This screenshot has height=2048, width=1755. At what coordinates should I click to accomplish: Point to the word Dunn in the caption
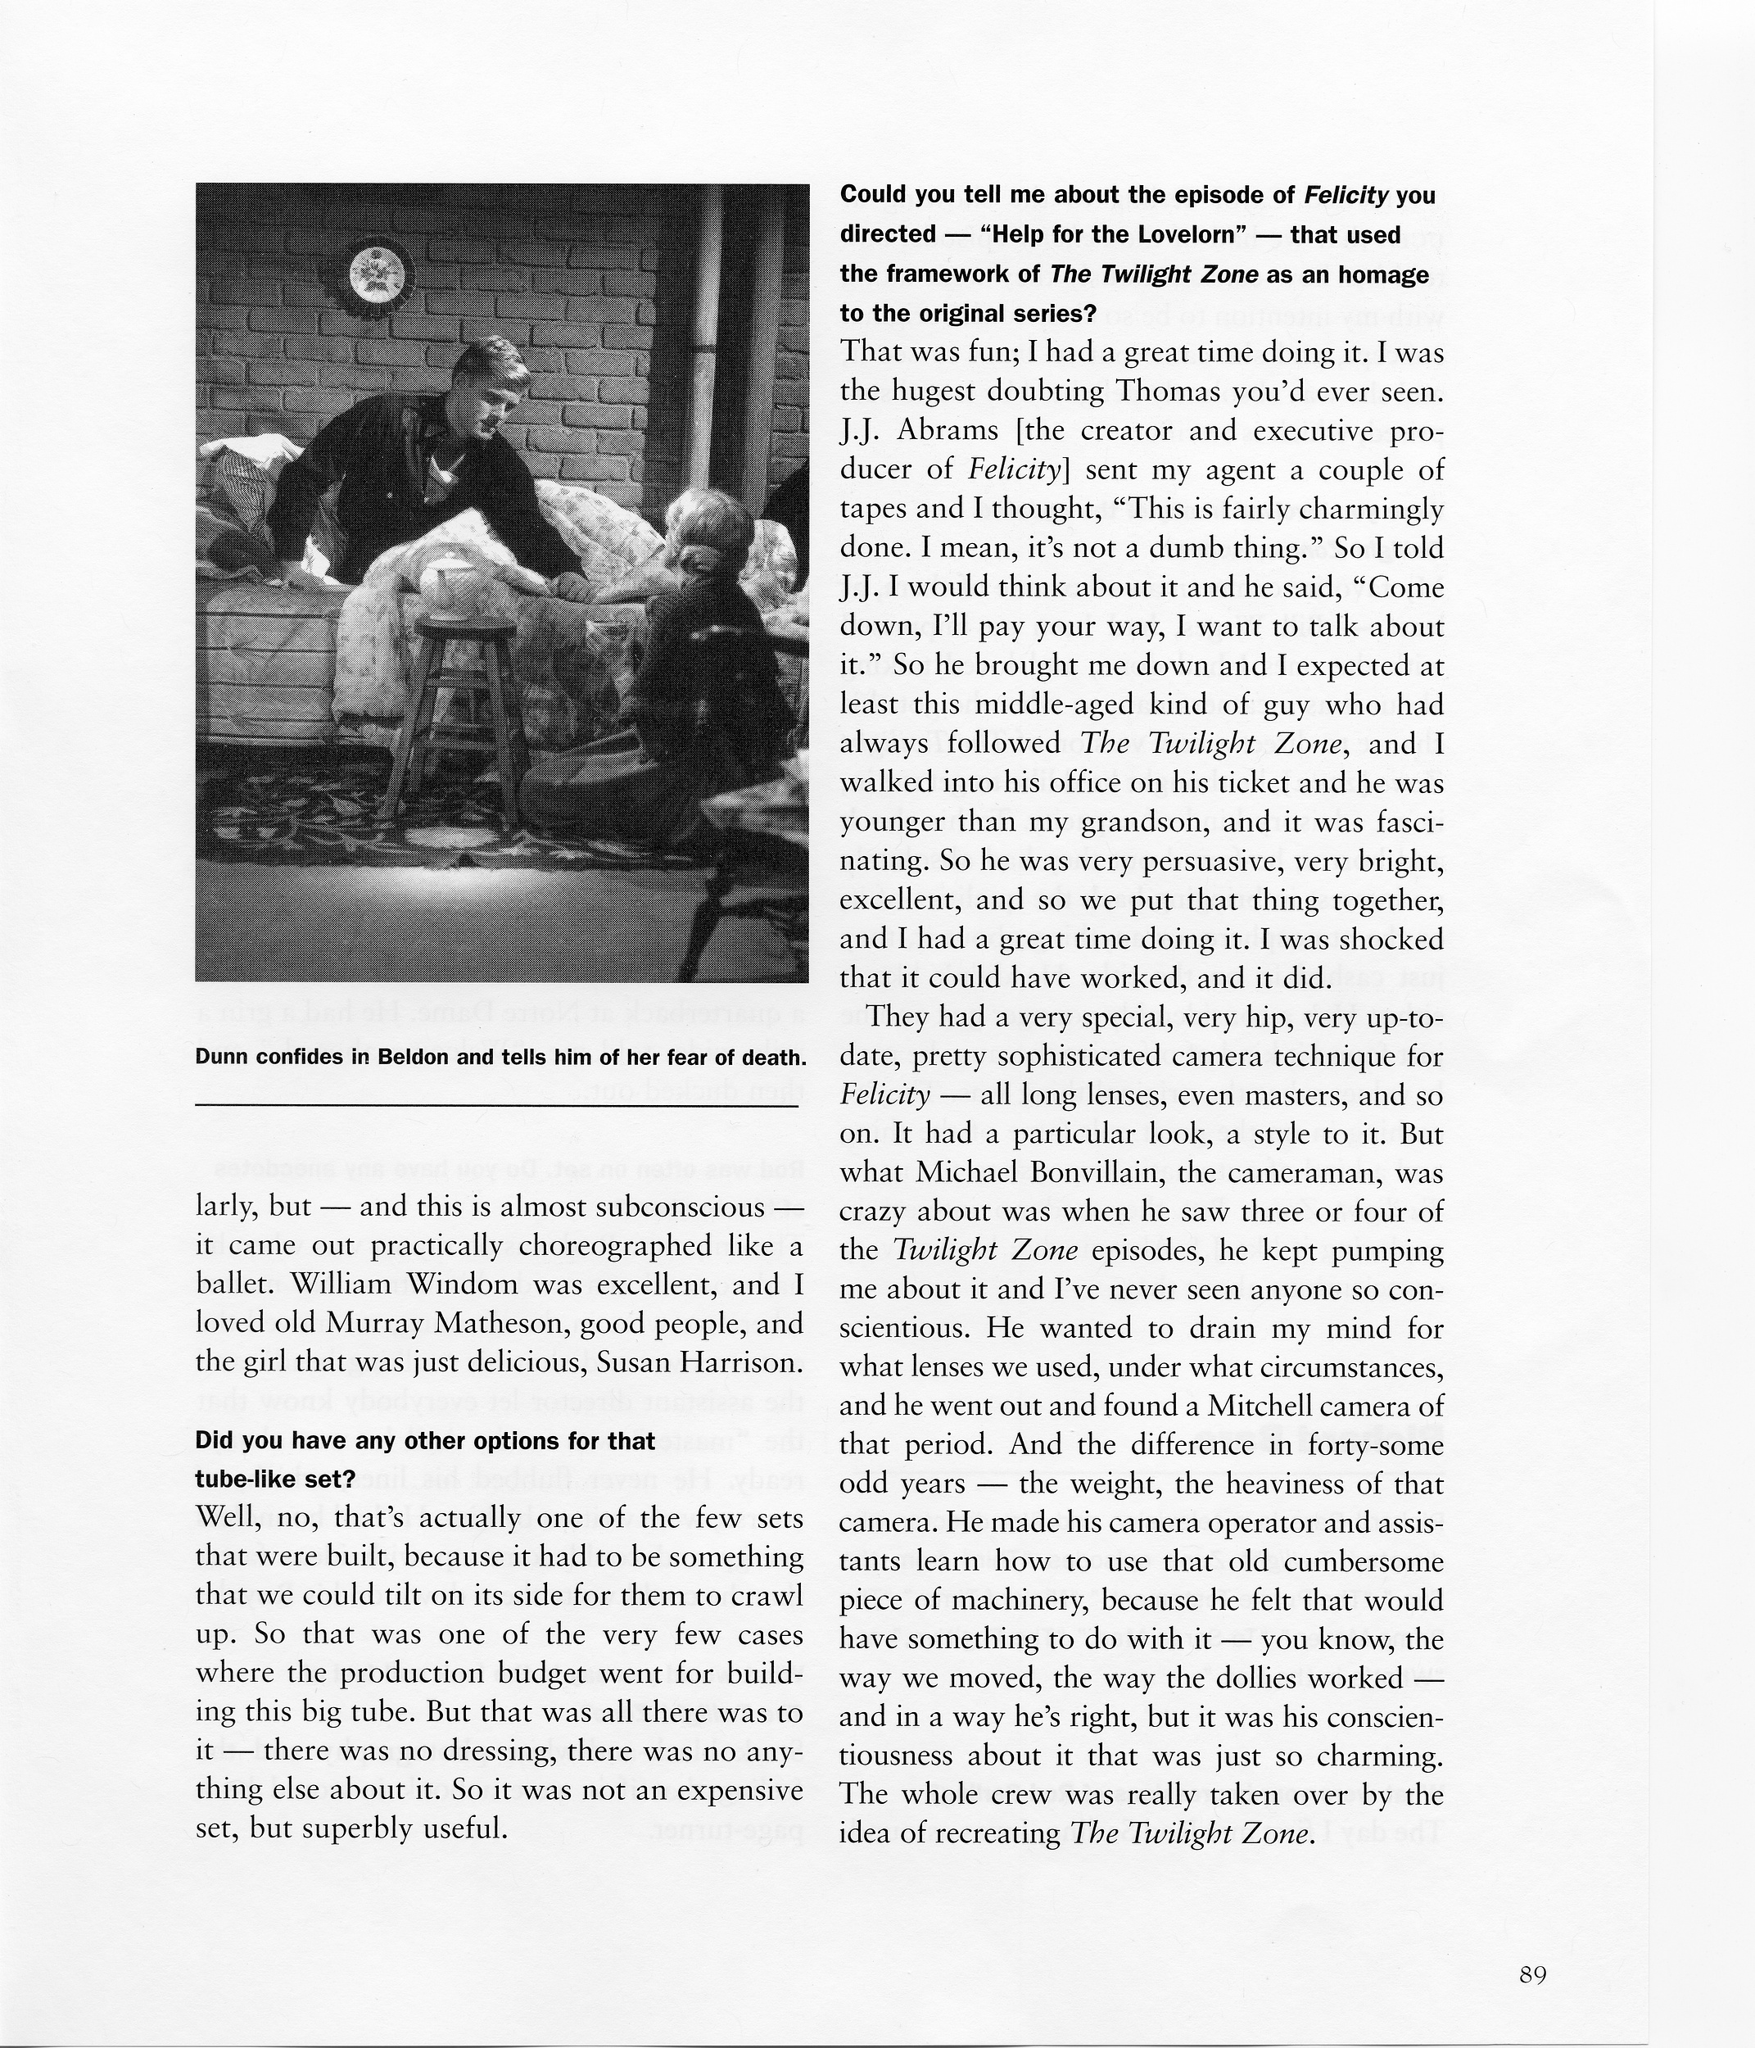224,1058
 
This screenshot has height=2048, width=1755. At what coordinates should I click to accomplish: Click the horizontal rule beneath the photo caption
496,1105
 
